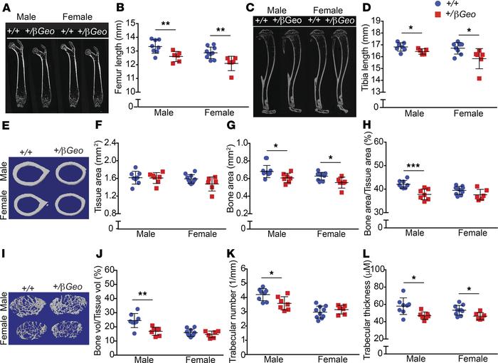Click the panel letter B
point(120,7)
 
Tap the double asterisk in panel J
point(142,294)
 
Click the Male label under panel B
point(164,112)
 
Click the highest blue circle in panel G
point(266,158)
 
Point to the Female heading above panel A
point(78,16)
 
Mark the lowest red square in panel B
point(231,78)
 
